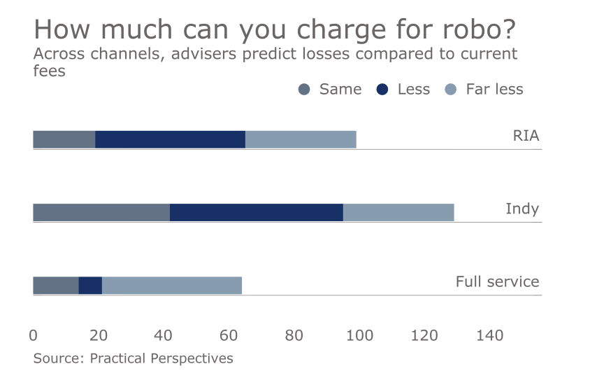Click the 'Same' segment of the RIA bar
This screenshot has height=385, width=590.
click(x=64, y=139)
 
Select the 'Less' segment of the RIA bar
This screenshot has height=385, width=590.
click(x=170, y=139)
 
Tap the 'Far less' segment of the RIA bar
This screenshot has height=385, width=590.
click(x=301, y=139)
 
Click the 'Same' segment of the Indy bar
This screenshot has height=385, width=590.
click(x=101, y=212)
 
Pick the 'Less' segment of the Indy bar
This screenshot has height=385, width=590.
click(x=256, y=212)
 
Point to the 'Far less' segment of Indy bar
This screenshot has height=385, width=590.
click(x=398, y=212)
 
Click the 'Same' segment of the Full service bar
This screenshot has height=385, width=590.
click(x=56, y=285)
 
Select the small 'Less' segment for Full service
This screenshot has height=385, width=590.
click(x=90, y=285)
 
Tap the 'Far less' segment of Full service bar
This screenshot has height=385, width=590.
click(x=172, y=285)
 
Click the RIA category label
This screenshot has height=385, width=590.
click(x=526, y=136)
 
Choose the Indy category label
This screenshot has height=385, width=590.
click(x=522, y=209)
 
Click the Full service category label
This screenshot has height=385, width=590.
click(x=497, y=281)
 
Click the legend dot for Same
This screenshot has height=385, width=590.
click(x=303, y=89)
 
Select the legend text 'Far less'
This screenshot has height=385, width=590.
click(x=494, y=89)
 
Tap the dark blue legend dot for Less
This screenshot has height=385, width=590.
click(x=382, y=89)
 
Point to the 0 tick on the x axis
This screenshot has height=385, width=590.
click(x=34, y=336)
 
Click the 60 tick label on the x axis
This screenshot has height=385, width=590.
click(x=229, y=336)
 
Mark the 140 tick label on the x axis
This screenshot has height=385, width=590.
click(x=489, y=336)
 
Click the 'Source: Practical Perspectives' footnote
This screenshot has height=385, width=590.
click(x=133, y=358)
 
